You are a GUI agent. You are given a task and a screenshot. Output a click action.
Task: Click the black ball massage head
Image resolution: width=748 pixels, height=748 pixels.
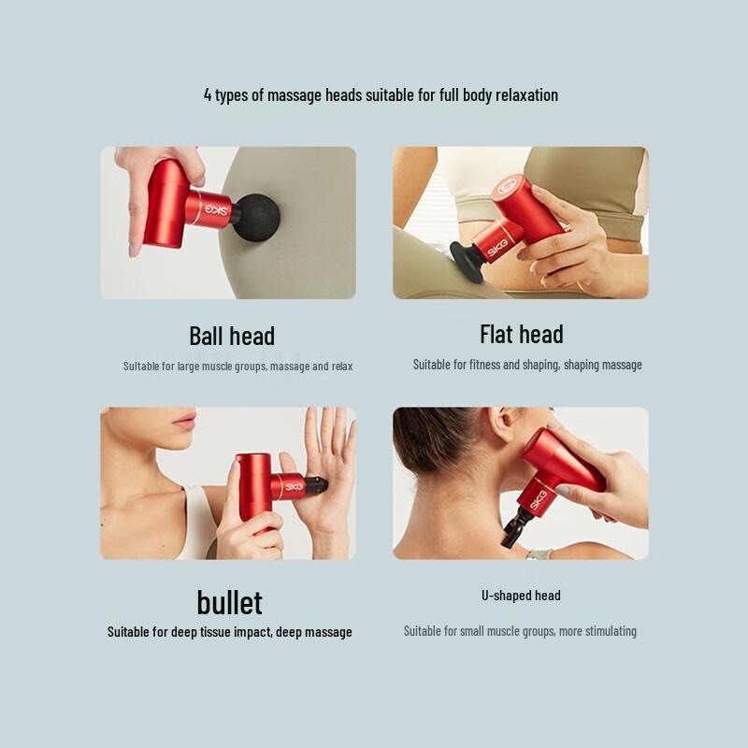coord(252,218)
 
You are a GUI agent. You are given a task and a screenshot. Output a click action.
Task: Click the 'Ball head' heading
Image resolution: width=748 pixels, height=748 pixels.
coord(232,336)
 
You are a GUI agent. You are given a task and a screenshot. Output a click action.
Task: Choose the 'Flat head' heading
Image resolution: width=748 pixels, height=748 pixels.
coord(522,334)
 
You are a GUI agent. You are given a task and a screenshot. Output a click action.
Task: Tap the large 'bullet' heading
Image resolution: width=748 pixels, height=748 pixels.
coord(229,601)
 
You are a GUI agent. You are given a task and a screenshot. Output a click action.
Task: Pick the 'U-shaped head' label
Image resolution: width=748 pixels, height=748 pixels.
coord(522,596)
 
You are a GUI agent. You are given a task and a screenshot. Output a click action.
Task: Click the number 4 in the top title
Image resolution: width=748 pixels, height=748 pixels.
coord(208,95)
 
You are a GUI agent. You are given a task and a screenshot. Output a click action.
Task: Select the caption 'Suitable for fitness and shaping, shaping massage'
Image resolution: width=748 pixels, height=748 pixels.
coord(527,365)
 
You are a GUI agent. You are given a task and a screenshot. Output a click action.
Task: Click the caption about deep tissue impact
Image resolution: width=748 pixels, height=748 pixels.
coord(230,632)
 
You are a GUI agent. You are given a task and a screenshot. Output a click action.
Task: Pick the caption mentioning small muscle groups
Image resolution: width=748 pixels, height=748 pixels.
coord(520,631)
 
